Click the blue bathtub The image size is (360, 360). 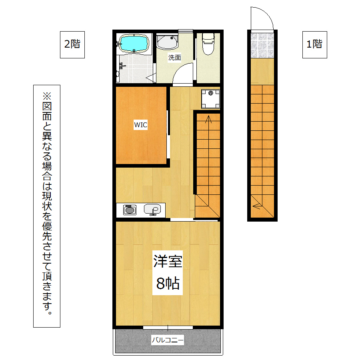click(134, 44)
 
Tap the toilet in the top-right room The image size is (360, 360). click(208, 44)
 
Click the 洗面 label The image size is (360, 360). click(174, 58)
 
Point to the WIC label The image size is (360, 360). click(140, 125)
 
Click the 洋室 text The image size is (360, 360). click(168, 262)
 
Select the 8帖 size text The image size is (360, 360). click(168, 283)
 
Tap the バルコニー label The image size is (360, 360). click(168, 340)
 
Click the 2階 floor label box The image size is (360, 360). click(72, 45)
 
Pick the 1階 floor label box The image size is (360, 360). click(314, 45)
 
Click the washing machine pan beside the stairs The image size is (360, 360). click(210, 99)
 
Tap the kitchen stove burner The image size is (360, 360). click(130, 210)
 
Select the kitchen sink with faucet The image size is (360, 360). click(152, 210)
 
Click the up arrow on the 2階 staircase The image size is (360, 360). click(208, 119)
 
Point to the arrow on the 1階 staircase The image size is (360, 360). click(256, 206)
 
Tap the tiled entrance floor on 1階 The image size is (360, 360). click(262, 46)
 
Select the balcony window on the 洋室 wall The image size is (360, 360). click(168, 328)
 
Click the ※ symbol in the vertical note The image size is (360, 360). click(47, 96)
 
